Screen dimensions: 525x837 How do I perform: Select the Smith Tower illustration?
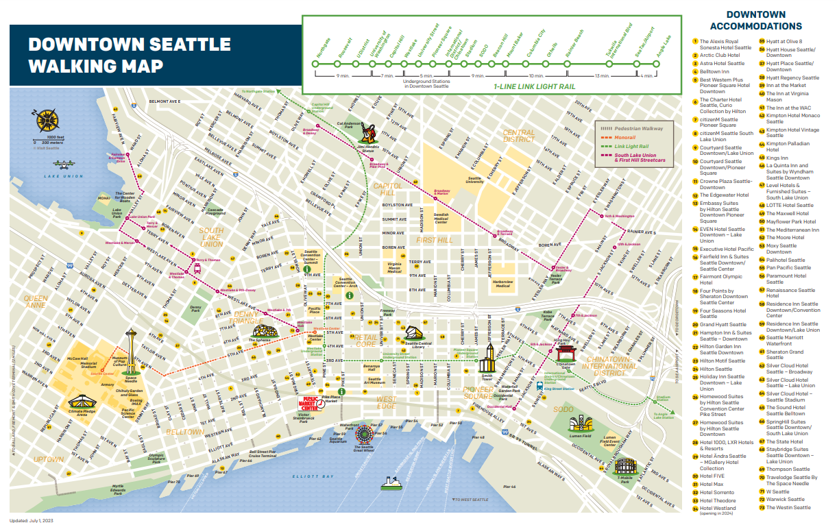click(x=488, y=357)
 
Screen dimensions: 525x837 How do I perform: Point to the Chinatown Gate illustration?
click(x=566, y=353)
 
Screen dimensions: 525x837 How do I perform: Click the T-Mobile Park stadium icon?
click(x=624, y=467)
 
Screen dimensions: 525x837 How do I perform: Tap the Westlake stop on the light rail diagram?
click(x=410, y=64)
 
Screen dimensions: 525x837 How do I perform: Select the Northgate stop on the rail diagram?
click(x=316, y=64)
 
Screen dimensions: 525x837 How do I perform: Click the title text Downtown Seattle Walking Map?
click(x=129, y=55)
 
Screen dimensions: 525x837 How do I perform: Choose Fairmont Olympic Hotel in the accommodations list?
click(x=720, y=280)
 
